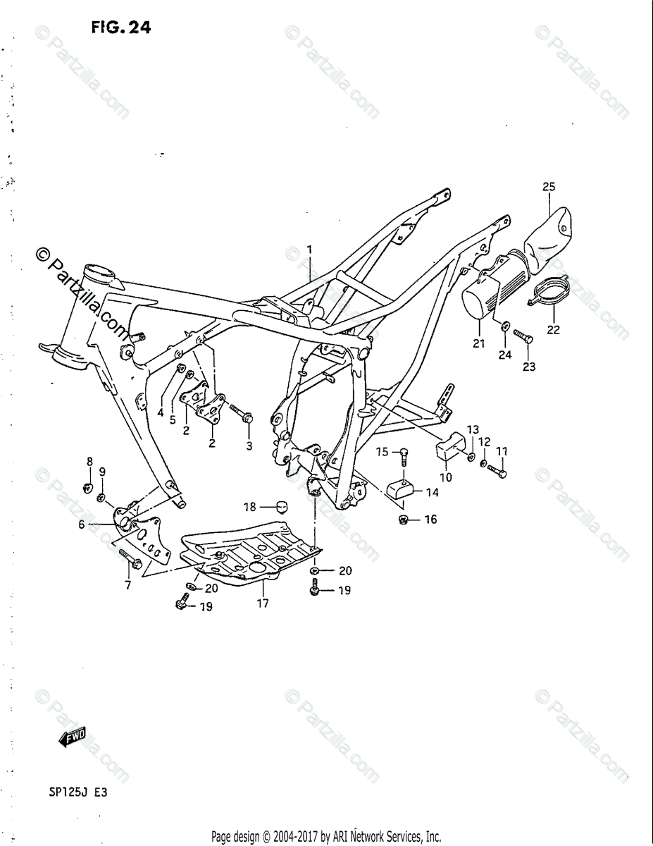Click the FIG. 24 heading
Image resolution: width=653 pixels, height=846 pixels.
point(120,27)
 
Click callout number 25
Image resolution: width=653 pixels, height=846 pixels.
point(549,187)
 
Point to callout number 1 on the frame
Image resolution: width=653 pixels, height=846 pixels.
point(308,249)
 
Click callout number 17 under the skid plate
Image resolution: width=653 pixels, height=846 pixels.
point(262,603)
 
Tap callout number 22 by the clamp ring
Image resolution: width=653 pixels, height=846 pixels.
point(553,329)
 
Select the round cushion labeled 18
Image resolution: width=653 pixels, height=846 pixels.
point(282,507)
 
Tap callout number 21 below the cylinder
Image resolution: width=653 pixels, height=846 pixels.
point(479,343)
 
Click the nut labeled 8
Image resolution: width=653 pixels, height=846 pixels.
point(89,486)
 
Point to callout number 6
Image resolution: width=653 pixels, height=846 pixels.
point(82,524)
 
